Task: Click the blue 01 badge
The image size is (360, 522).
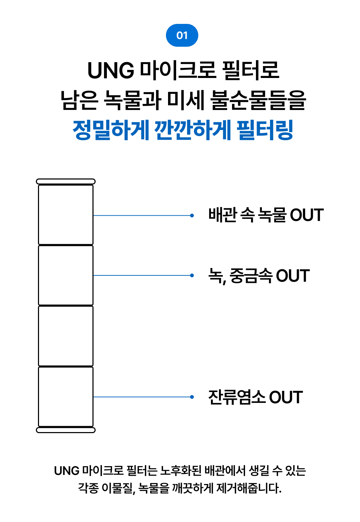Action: click(182, 35)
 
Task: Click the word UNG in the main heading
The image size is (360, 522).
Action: click(111, 70)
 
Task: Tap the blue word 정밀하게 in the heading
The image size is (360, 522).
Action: click(111, 130)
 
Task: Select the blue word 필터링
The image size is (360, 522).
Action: click(265, 130)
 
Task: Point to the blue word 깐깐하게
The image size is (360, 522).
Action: click(193, 130)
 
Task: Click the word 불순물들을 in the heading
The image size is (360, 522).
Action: click(258, 100)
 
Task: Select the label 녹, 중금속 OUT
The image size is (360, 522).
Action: click(259, 276)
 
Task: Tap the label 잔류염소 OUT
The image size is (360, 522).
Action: click(256, 397)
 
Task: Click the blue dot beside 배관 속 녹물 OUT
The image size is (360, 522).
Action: click(192, 215)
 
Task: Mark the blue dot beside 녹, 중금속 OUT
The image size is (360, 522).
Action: click(192, 275)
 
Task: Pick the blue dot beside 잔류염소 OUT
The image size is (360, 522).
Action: click(192, 397)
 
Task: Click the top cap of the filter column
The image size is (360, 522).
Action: click(66, 182)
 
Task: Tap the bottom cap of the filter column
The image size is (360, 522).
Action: click(66, 430)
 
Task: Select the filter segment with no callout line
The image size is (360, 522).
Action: click(66, 336)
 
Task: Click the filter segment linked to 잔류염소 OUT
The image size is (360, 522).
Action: click(66, 397)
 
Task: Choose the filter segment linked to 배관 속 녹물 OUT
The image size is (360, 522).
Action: click(66, 215)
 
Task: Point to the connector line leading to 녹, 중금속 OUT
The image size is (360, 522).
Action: click(142, 275)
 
